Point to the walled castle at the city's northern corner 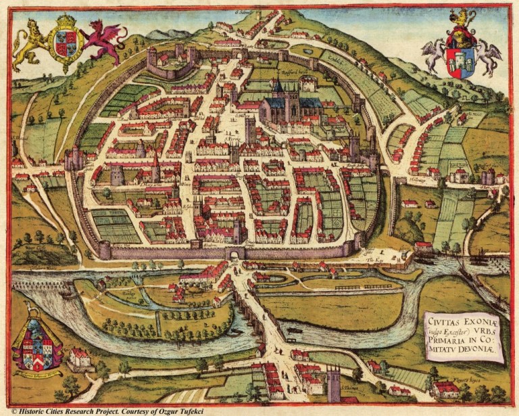click(x=168, y=62)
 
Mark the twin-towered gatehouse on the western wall click(x=74, y=160)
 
